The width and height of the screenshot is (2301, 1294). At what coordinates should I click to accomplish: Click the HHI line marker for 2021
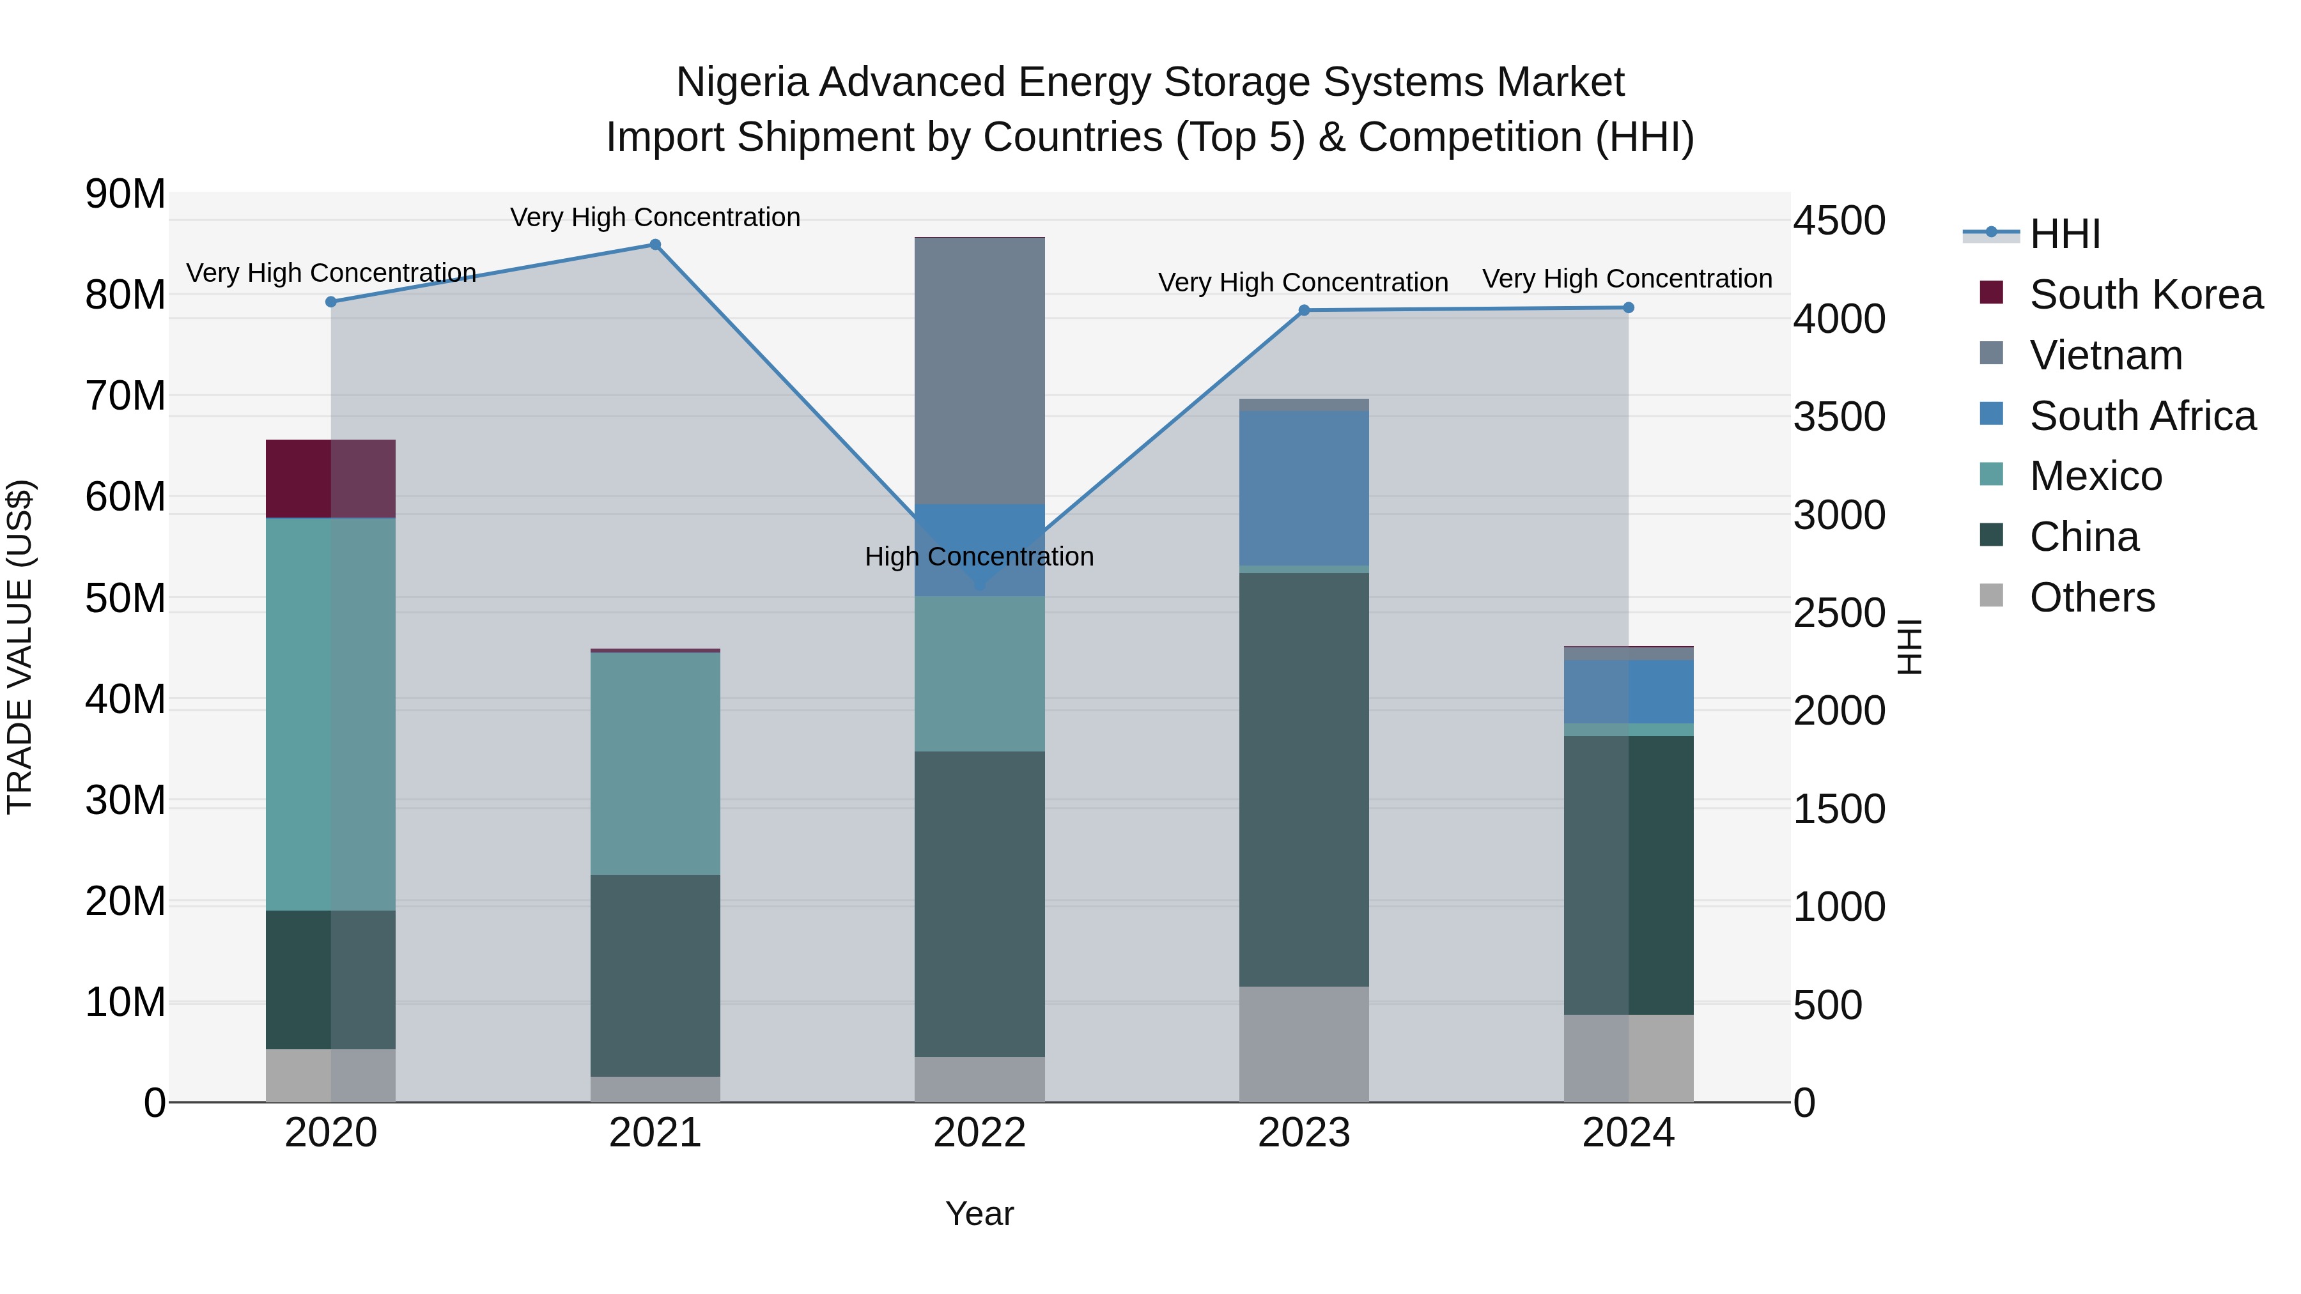point(655,245)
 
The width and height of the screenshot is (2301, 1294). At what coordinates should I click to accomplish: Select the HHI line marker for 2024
point(1627,308)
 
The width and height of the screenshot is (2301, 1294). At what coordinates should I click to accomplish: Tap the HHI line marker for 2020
point(330,302)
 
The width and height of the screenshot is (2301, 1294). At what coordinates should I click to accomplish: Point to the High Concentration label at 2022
point(979,557)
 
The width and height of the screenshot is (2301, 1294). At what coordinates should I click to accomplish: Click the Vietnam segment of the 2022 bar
point(979,371)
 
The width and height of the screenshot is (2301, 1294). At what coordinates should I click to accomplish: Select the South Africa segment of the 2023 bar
point(1303,488)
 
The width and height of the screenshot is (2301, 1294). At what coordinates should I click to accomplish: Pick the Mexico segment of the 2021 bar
point(655,764)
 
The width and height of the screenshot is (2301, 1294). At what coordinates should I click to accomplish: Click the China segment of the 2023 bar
point(1303,779)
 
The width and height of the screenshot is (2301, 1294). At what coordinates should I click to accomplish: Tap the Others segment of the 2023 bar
point(1303,1044)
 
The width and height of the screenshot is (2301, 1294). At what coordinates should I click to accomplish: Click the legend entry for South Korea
point(2144,295)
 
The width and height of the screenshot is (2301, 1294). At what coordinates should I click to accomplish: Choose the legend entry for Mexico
point(2095,476)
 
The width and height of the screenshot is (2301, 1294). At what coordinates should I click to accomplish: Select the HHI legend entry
point(2063,234)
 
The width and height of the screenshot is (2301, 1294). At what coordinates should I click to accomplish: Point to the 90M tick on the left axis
point(125,194)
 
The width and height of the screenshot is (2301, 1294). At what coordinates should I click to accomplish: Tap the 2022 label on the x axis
point(979,1133)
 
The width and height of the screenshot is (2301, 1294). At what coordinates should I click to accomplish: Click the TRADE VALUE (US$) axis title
point(20,647)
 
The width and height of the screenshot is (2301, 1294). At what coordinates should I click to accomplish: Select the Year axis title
point(979,1213)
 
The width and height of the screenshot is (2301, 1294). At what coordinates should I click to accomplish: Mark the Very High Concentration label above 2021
point(655,217)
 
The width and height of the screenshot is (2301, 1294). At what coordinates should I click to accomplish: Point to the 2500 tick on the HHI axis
point(1839,613)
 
